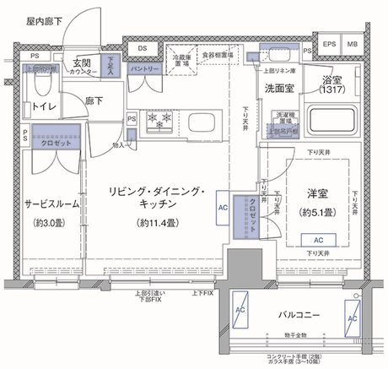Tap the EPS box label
pyautogui.click(x=330, y=45)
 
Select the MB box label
pyautogui.click(x=352, y=45)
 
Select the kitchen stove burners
pyautogui.click(x=160, y=121)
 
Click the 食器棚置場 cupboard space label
pyautogui.click(x=218, y=52)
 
